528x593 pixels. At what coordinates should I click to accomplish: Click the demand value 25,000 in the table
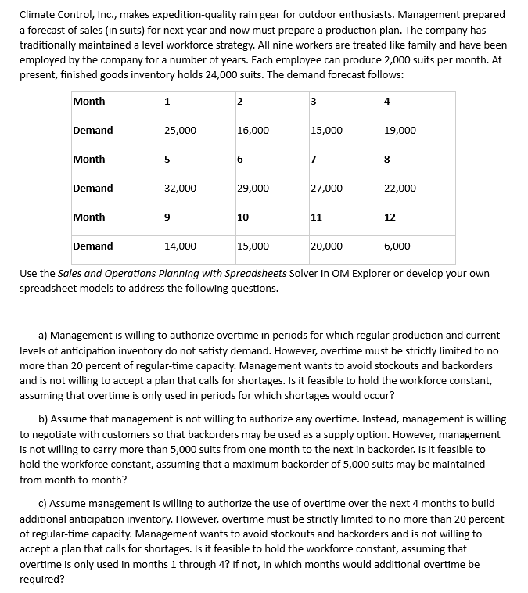click(180, 131)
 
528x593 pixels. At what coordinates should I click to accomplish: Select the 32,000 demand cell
click(180, 189)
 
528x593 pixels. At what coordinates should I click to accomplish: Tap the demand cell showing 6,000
click(397, 246)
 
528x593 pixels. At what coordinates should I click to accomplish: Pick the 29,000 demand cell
click(253, 189)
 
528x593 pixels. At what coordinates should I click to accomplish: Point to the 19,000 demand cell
click(400, 131)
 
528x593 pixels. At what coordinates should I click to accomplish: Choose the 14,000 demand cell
click(180, 246)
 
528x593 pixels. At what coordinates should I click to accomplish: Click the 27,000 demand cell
click(326, 189)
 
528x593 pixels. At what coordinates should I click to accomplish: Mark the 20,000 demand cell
click(326, 246)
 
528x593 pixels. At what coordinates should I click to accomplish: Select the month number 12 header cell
click(390, 217)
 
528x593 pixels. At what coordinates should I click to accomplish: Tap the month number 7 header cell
click(314, 160)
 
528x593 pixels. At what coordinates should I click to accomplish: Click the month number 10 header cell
click(242, 217)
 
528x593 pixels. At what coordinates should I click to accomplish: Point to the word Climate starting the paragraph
click(38, 15)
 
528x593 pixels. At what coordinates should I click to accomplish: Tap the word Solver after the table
click(306, 274)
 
